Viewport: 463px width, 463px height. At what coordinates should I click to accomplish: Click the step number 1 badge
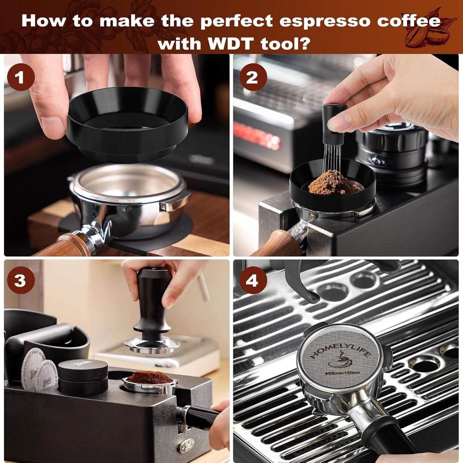pyautogui.click(x=21, y=77)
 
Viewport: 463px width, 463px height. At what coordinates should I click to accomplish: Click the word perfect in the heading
pyautogui.click(x=237, y=21)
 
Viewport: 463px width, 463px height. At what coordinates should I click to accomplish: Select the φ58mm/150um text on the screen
pyautogui.click(x=342, y=373)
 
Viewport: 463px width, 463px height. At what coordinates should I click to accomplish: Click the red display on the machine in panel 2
pyautogui.click(x=256, y=135)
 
